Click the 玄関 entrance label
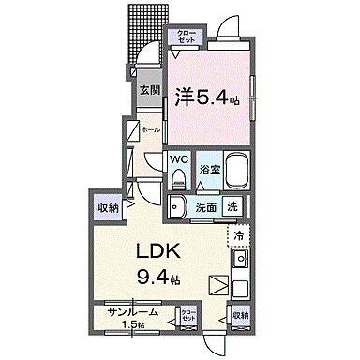tap(150, 91)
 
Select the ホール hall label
tap(149, 132)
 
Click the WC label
tap(178, 158)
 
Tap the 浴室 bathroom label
tap(209, 170)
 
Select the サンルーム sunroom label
tap(131, 313)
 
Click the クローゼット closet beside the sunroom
tap(187, 316)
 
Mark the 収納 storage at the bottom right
tap(240, 316)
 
